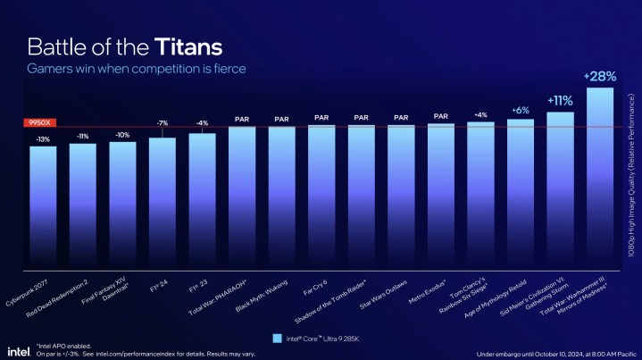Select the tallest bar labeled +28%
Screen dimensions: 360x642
click(x=599, y=179)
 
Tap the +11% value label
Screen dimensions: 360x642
click(x=559, y=101)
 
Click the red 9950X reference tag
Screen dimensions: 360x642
click(x=39, y=122)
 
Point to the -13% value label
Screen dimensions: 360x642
click(x=43, y=139)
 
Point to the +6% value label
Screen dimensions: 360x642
click(x=520, y=110)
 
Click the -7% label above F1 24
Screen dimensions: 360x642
click(x=162, y=123)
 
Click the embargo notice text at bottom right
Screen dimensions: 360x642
click(x=554, y=353)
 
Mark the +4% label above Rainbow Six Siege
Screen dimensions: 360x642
click(x=480, y=114)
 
